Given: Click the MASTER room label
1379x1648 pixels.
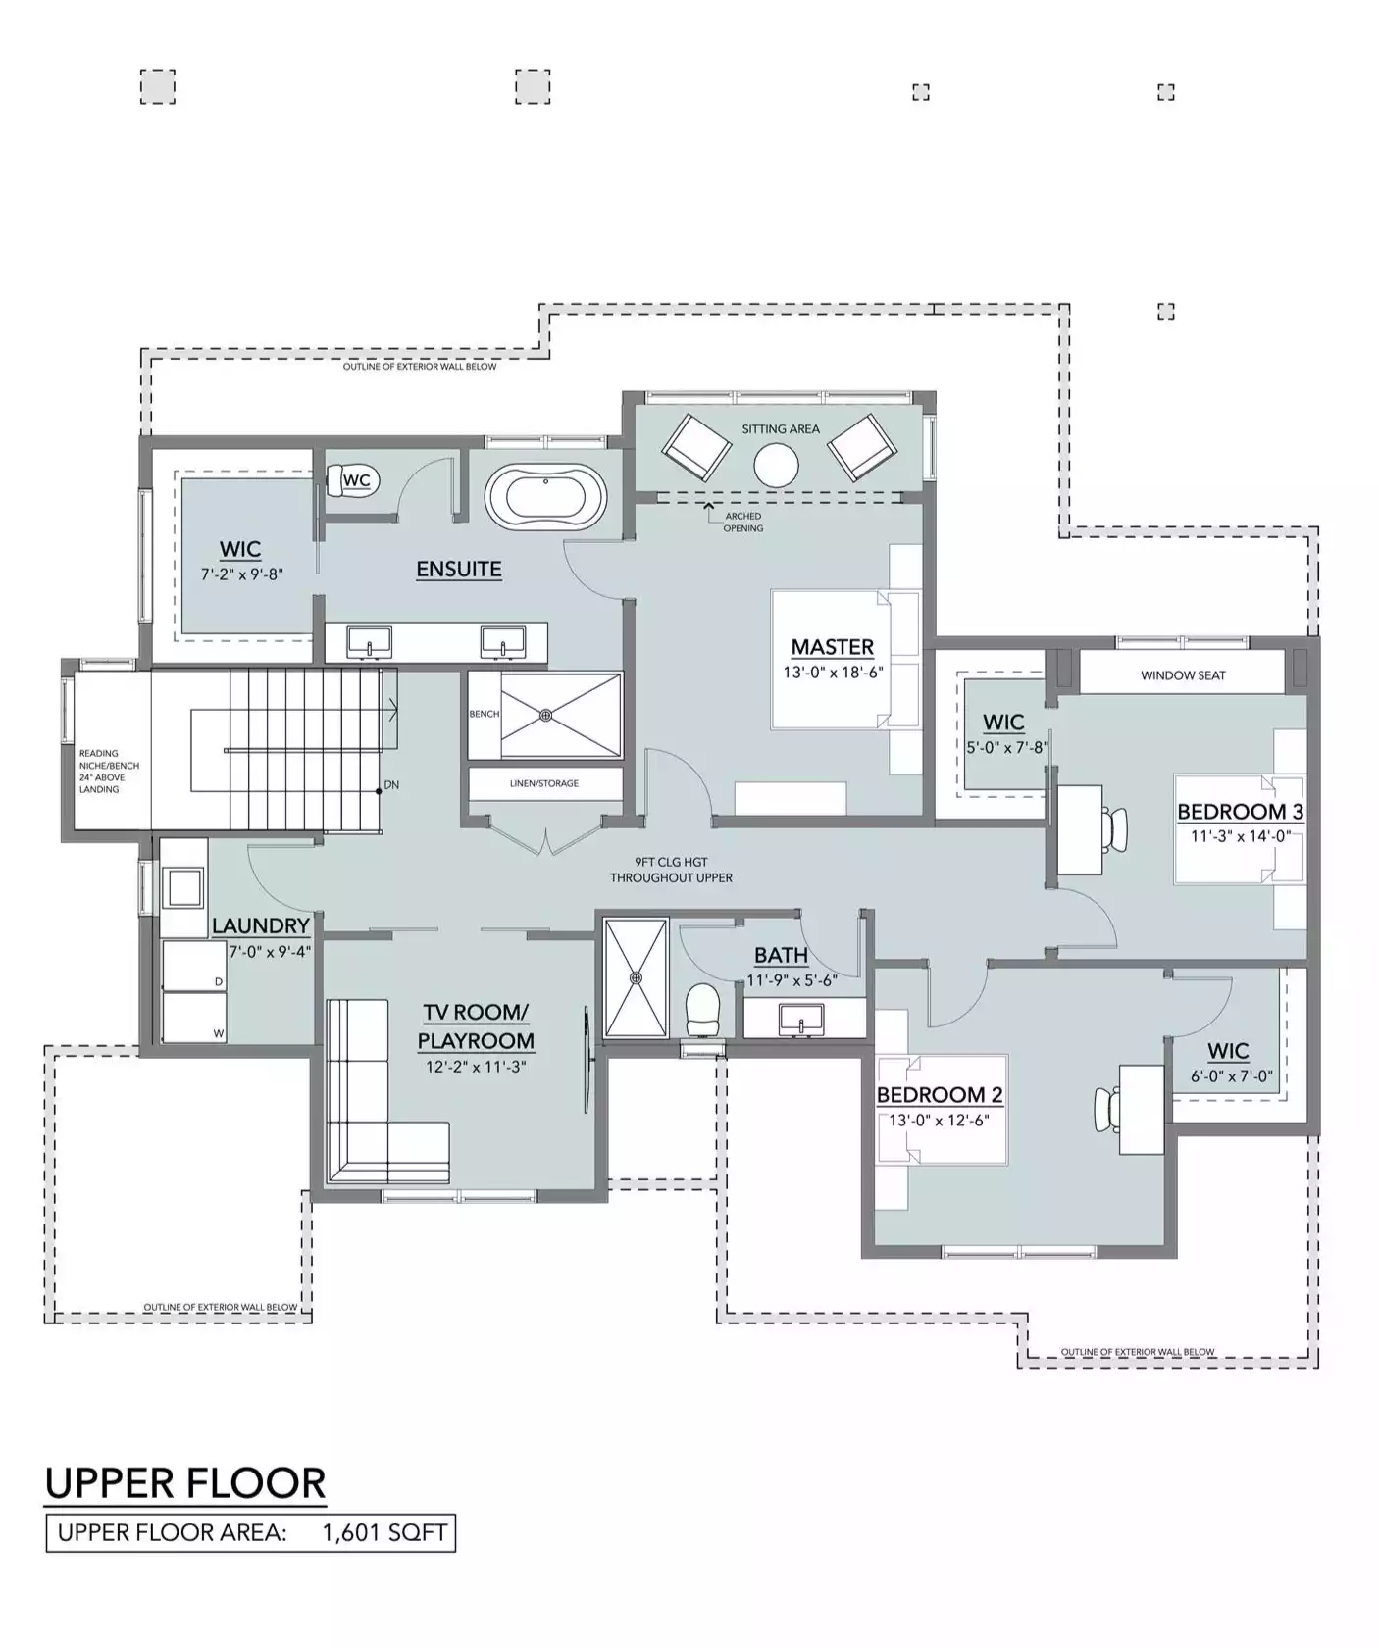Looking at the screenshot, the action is [x=832, y=647].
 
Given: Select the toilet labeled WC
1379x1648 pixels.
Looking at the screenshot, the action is [x=351, y=480].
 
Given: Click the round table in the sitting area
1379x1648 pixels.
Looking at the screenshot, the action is [x=776, y=465].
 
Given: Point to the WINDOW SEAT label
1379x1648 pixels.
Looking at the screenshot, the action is [x=1183, y=675].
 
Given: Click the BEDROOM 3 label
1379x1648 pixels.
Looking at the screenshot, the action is [x=1240, y=812].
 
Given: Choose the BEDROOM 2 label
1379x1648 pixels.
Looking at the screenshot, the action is [x=940, y=1095].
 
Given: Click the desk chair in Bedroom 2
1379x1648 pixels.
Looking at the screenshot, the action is [x=1108, y=1110].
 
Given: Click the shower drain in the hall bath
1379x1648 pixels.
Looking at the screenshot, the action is [x=636, y=977].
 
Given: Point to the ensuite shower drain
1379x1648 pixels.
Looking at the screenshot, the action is [x=546, y=716].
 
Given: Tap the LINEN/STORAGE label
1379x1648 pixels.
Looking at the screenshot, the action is [x=544, y=783].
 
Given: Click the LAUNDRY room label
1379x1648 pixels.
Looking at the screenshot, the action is [x=261, y=925].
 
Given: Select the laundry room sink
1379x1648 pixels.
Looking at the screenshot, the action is [x=182, y=887].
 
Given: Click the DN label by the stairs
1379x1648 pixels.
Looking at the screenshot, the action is [x=391, y=785].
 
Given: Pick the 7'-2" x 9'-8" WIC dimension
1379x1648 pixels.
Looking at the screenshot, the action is [x=242, y=574].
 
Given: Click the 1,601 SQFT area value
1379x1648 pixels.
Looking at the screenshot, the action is [x=384, y=1532].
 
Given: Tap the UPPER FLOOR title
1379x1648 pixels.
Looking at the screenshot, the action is [x=185, y=1483].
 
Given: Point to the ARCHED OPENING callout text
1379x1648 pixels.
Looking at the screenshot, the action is [x=743, y=522].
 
